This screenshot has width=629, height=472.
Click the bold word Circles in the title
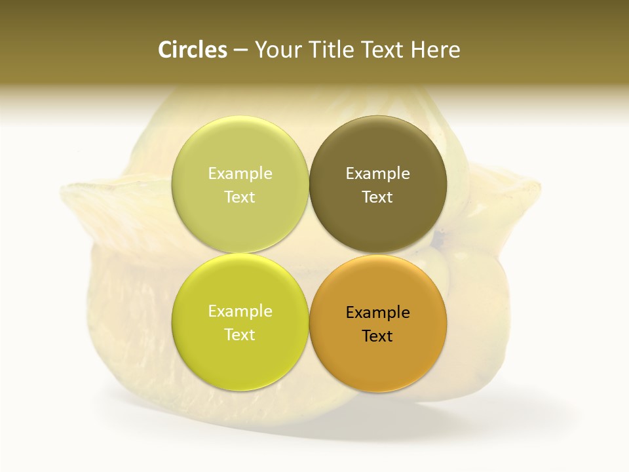(193, 50)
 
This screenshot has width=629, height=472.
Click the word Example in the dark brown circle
(378, 173)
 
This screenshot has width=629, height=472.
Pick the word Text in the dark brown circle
(377, 197)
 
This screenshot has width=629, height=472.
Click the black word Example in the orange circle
(378, 312)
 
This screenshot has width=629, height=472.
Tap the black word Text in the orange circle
(377, 336)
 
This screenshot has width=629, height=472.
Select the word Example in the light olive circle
(240, 173)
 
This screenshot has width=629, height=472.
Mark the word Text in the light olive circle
(240, 197)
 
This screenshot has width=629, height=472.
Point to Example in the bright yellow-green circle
(240, 311)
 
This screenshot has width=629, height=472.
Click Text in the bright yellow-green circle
(240, 334)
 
